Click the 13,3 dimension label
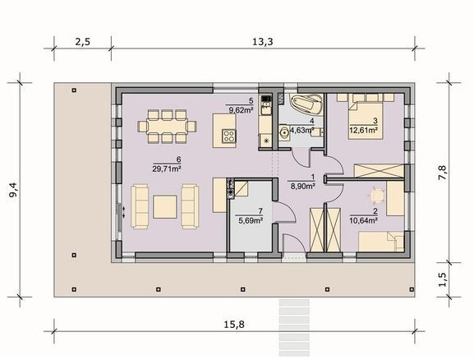(262, 41)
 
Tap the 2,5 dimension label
(82, 41)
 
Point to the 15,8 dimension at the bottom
(234, 325)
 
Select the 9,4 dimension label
(14, 190)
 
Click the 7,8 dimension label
(442, 173)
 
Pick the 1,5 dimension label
(442, 279)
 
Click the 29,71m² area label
(167, 168)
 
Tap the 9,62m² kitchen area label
(241, 110)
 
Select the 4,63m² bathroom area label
(301, 131)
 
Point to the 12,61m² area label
(363, 131)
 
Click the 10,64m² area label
(363, 220)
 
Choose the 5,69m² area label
(251, 220)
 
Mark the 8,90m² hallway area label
(303, 186)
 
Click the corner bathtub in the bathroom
(306, 104)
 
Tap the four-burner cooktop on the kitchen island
(229, 136)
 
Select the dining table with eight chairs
(167, 126)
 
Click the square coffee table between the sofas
(165, 207)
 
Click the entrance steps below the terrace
(294, 328)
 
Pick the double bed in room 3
(366, 120)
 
